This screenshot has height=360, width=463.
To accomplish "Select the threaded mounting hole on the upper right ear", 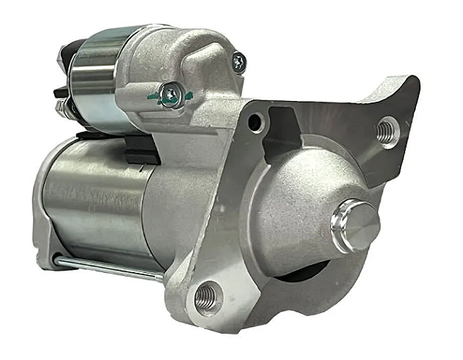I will [x=387, y=131].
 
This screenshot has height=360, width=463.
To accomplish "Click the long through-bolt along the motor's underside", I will [x=108, y=267].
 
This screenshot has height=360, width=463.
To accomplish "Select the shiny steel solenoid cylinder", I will [x=93, y=77].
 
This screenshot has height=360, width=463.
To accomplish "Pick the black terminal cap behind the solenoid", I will [x=65, y=56].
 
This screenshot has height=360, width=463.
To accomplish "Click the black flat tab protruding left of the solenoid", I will [x=59, y=93].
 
